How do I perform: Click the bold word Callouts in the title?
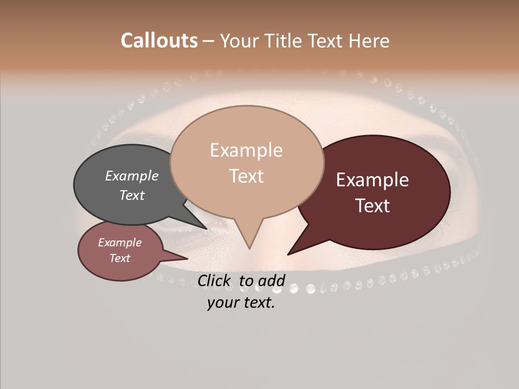[x=159, y=41]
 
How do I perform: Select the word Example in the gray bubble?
[x=132, y=176]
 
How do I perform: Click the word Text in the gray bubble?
[x=132, y=195]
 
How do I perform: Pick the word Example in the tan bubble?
[x=246, y=150]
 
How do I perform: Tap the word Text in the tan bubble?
[x=247, y=176]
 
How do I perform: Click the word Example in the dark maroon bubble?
[x=372, y=180]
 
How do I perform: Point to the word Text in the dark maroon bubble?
[x=372, y=206]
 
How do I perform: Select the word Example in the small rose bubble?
[x=119, y=243]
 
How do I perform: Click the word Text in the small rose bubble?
[x=119, y=258]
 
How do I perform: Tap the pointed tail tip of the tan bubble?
[x=249, y=248]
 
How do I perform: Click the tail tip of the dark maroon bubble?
[x=288, y=254]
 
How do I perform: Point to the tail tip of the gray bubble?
[x=206, y=228]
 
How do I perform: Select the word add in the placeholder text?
[x=271, y=280]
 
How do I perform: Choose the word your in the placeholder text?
[x=222, y=303]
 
